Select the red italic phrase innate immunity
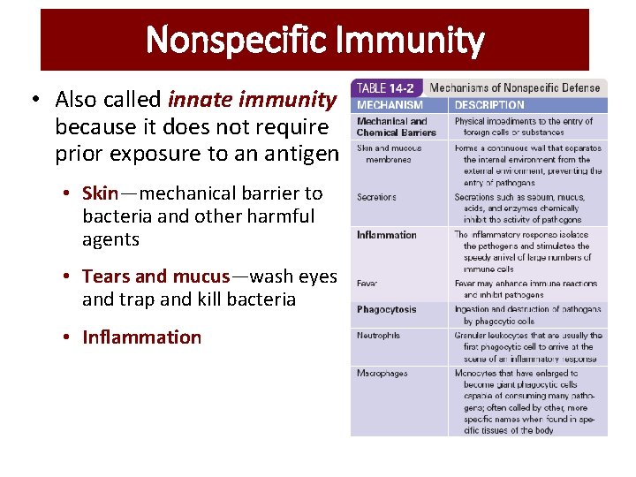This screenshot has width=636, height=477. click(x=252, y=101)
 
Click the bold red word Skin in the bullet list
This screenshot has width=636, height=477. click(x=100, y=193)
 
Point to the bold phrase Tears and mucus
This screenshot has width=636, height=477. click(x=155, y=276)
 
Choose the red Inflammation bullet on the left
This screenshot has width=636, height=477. click(x=141, y=337)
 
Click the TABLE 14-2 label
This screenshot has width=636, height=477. click(x=387, y=87)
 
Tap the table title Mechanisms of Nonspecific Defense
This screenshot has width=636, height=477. click(x=515, y=87)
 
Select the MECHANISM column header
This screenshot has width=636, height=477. click(x=390, y=105)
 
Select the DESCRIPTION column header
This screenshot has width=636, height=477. click(x=489, y=105)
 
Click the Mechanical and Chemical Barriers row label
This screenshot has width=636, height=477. click(x=396, y=126)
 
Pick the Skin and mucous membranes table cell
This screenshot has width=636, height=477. click(x=389, y=154)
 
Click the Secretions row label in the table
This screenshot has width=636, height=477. click(x=376, y=197)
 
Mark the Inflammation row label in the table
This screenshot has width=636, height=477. click(x=386, y=235)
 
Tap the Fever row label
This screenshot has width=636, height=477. click(x=367, y=284)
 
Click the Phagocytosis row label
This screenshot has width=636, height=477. click(x=387, y=310)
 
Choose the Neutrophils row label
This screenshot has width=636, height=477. click(x=379, y=336)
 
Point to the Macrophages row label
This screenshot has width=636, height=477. click(x=382, y=374)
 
